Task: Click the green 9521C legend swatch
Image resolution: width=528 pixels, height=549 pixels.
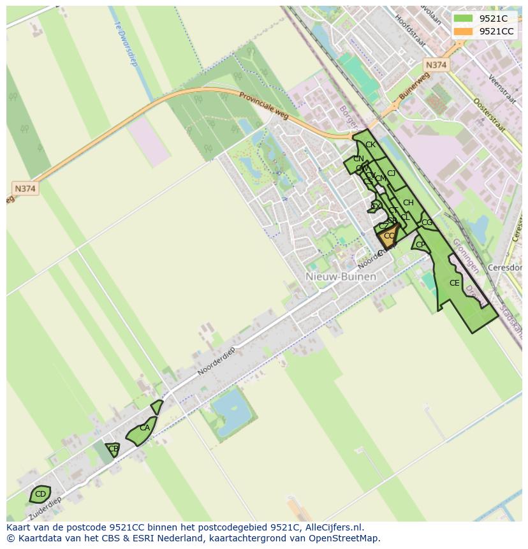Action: (463, 18)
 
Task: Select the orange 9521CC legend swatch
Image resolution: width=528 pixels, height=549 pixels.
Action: (463, 31)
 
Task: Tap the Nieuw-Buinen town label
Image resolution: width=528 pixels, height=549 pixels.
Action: (341, 277)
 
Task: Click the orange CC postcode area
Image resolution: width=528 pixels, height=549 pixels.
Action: (389, 237)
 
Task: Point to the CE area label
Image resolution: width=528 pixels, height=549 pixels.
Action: (454, 283)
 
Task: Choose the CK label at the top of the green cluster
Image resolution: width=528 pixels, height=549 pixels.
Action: (370, 145)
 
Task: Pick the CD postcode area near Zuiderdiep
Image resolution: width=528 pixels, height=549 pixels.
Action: (40, 494)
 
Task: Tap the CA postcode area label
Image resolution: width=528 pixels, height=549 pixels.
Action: (145, 428)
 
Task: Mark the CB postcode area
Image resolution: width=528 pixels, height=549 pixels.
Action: (114, 449)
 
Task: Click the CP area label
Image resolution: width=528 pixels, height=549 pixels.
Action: (420, 245)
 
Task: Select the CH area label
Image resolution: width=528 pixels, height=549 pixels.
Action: (408, 203)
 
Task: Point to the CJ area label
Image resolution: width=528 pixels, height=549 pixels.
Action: (392, 173)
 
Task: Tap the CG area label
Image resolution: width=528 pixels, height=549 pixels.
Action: (427, 223)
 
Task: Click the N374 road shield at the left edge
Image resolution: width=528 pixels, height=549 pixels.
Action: (25, 189)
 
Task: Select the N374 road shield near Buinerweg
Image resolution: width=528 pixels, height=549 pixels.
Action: (436, 65)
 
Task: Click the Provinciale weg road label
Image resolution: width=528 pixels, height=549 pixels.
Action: (265, 103)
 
